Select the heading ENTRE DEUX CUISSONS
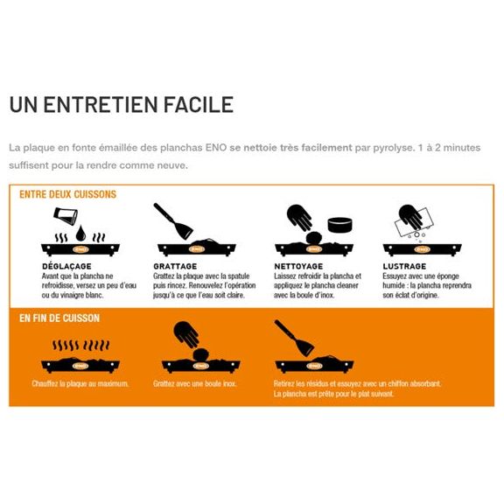(x=67, y=194)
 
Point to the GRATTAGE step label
(x=175, y=266)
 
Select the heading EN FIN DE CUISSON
(x=59, y=318)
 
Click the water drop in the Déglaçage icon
(x=80, y=232)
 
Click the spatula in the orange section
(x=292, y=337)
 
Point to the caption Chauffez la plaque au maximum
(x=80, y=383)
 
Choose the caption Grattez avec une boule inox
(x=194, y=383)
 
